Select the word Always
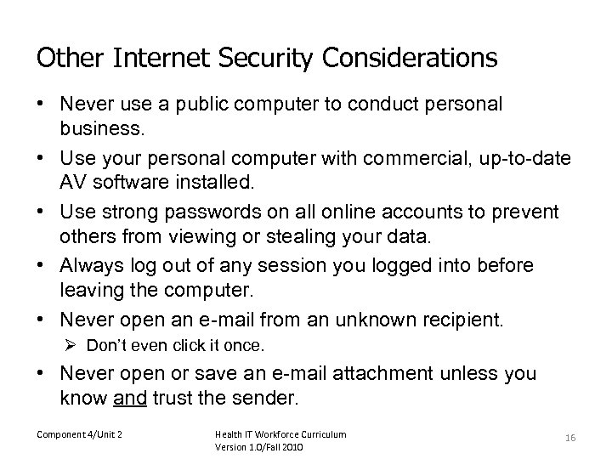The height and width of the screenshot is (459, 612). [x=89, y=265]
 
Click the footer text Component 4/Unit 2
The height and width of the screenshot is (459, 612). [x=79, y=434]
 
